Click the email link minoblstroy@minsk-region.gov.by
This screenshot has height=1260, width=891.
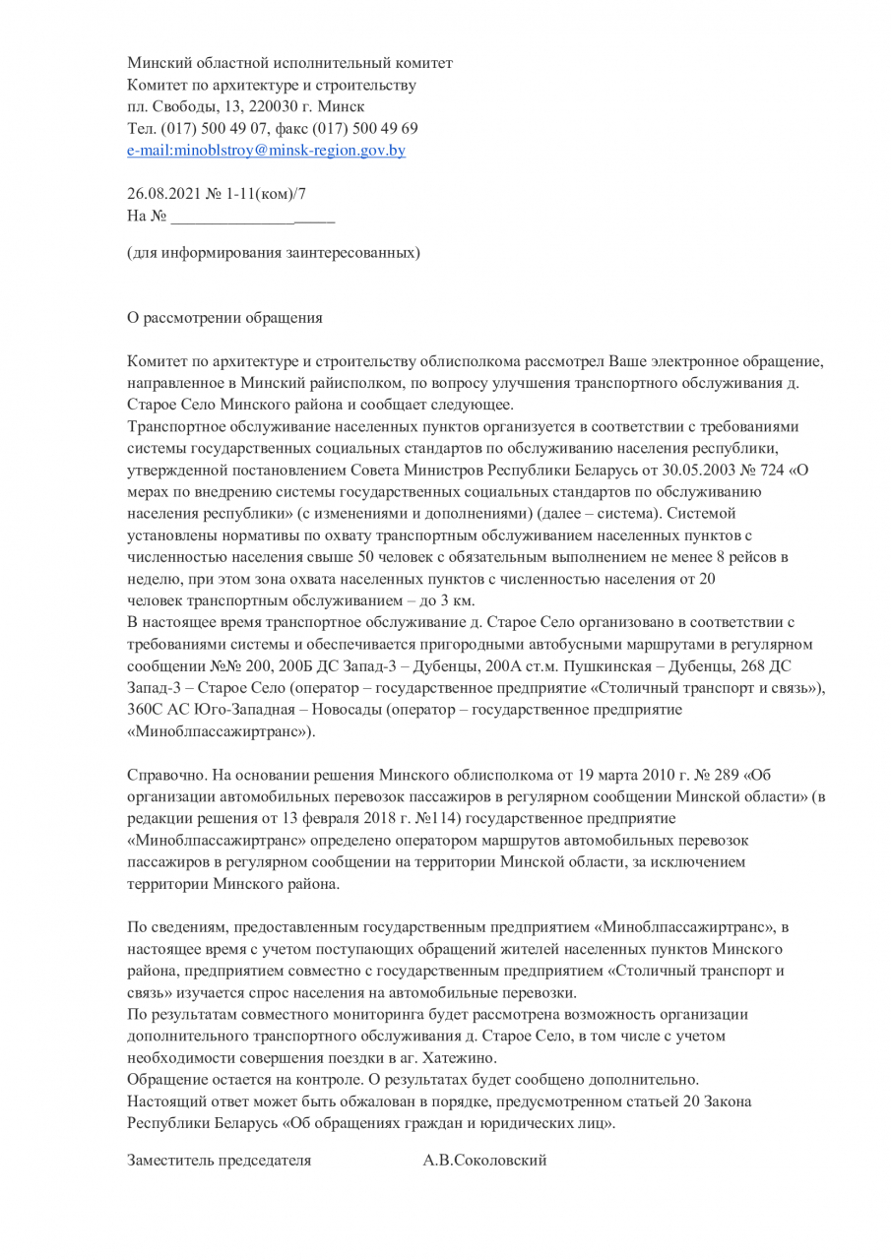[267, 151]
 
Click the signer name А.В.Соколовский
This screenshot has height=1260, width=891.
[484, 1161]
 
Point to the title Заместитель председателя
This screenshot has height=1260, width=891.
[220, 1161]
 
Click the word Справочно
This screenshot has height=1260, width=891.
[162, 775]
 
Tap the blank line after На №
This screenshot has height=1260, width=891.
[253, 216]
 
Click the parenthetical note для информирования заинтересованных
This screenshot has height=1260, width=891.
[274, 253]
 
